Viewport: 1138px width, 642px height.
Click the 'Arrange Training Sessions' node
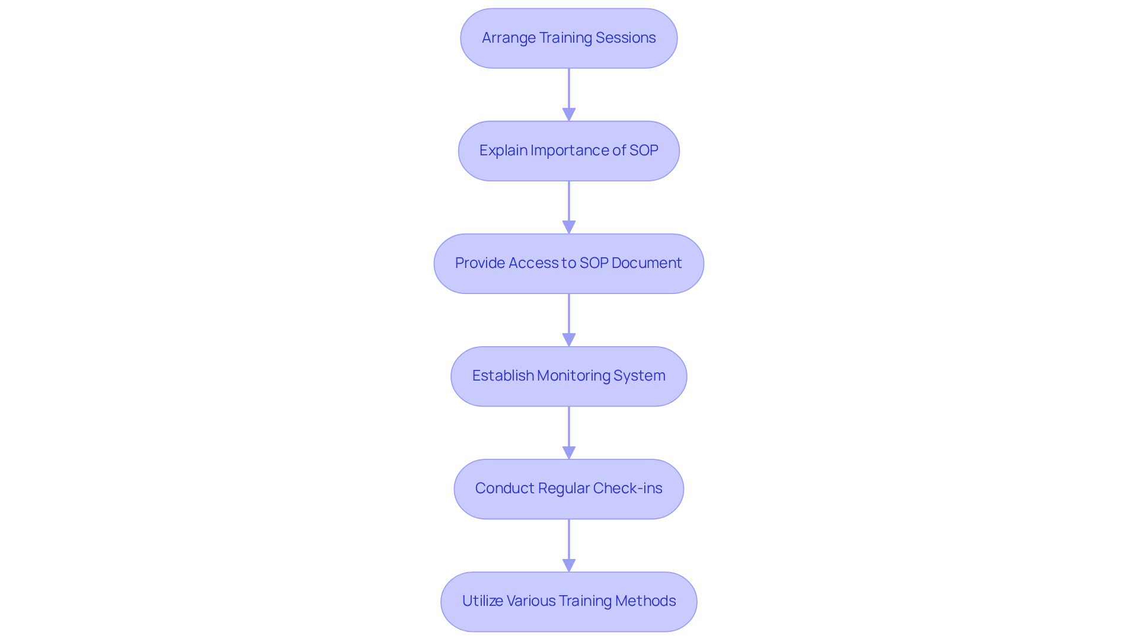click(568, 38)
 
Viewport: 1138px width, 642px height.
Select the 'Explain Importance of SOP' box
click(568, 151)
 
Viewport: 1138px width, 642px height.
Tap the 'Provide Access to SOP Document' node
click(568, 263)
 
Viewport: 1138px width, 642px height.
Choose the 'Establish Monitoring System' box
click(568, 376)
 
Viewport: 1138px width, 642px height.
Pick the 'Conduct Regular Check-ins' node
click(568, 488)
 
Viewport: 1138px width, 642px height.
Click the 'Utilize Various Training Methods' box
click(568, 601)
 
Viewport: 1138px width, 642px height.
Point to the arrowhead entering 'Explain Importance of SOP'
click(569, 114)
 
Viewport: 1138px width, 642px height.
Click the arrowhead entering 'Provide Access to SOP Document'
click(569, 227)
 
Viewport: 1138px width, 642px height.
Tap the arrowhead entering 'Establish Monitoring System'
click(569, 340)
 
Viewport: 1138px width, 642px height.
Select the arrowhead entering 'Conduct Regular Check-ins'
click(569, 452)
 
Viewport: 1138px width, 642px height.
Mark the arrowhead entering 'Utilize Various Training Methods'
click(569, 565)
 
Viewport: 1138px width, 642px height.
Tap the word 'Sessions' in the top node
click(625, 38)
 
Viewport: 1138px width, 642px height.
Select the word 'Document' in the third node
click(647, 263)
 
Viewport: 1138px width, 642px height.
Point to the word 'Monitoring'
click(574, 376)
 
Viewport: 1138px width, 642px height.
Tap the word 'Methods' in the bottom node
click(645, 601)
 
